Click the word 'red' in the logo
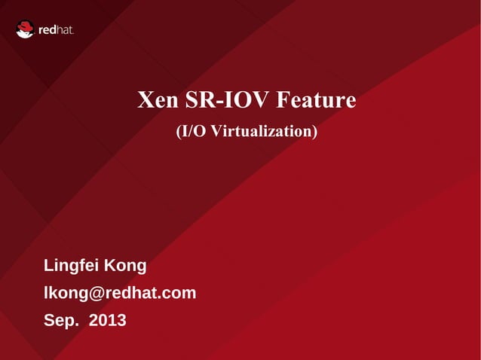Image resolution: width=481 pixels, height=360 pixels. [x=47, y=30]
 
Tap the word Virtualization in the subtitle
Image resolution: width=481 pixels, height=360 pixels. [x=261, y=131]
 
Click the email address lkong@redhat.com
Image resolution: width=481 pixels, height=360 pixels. [x=120, y=293]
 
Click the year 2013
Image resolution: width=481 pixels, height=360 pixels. [x=108, y=321]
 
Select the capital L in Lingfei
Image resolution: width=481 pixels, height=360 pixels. [x=49, y=266]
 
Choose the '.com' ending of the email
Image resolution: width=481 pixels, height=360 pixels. [x=178, y=293]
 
